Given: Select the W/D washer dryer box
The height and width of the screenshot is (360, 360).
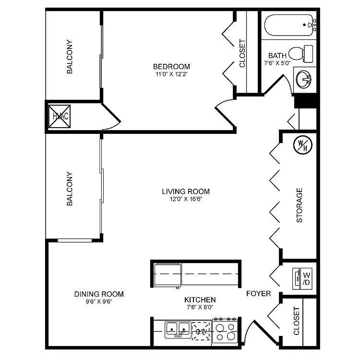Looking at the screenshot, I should (x=303, y=278).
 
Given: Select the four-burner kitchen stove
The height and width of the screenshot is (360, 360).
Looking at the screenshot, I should (x=226, y=331).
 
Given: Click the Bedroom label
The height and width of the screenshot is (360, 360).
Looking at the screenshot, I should (x=171, y=67).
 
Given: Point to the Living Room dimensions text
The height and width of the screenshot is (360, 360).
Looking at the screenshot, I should (x=185, y=200).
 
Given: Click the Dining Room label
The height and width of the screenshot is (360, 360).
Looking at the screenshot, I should (x=99, y=294).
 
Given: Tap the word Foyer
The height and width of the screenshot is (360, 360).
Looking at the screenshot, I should (x=258, y=294).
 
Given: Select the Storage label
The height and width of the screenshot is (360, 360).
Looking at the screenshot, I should (x=300, y=205).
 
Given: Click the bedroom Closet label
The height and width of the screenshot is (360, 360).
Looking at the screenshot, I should (x=242, y=53).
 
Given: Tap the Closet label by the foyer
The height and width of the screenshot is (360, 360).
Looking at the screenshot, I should (x=297, y=321).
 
